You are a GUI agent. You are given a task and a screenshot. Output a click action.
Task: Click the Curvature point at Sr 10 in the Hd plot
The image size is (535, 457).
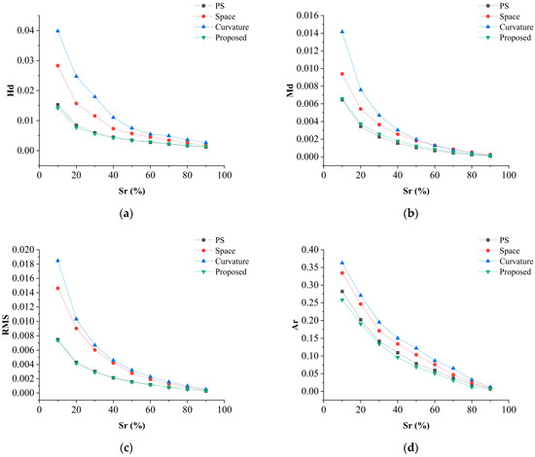tap(57, 31)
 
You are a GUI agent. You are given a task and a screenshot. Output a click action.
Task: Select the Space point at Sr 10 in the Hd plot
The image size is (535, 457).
tap(57, 66)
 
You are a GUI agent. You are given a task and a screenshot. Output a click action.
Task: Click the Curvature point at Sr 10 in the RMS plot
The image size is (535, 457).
tap(57, 261)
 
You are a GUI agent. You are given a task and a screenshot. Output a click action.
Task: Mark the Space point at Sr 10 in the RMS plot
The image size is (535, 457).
tap(57, 288)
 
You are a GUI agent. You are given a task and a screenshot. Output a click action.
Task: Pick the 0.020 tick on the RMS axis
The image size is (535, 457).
tap(20, 250)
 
